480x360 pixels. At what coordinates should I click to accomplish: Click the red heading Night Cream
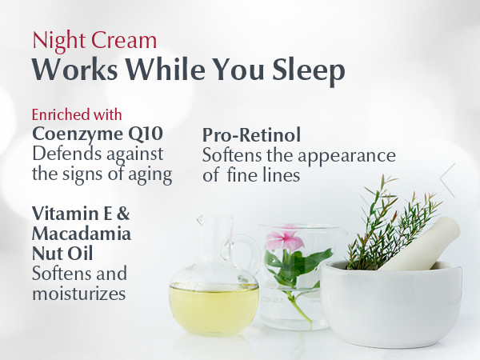(94, 41)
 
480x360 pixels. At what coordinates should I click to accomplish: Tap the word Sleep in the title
(309, 71)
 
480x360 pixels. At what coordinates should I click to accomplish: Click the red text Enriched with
(77, 114)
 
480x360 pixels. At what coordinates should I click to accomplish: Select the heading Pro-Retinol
(252, 135)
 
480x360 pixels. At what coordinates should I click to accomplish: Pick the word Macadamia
(82, 234)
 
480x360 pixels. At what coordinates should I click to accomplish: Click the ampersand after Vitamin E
(123, 214)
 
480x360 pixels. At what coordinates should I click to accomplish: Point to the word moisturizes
(79, 293)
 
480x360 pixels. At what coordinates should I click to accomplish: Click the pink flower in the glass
(284, 238)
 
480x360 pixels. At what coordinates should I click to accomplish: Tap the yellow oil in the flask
(214, 309)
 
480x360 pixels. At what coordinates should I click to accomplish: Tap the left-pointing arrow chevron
(447, 180)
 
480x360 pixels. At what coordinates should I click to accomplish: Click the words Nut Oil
(62, 254)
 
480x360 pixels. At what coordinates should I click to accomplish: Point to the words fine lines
(263, 175)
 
